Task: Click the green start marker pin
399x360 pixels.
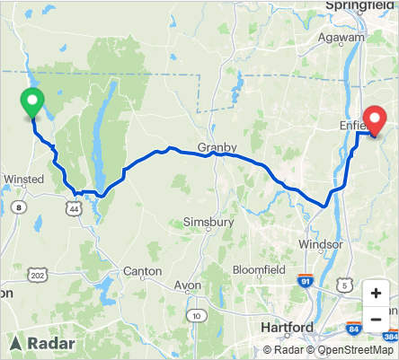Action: tap(31, 102)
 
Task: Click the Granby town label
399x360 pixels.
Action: tap(217, 147)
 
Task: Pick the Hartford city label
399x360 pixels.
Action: tap(286, 326)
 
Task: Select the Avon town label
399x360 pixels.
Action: tap(188, 285)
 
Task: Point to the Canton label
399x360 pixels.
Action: tap(142, 270)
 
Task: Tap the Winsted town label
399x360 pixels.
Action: tap(24, 180)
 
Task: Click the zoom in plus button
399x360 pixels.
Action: tap(376, 294)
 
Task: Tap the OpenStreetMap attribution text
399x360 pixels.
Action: tap(351, 350)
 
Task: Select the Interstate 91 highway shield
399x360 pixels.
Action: tap(307, 281)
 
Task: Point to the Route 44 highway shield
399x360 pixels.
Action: tap(70, 208)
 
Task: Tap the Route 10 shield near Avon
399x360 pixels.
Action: tap(196, 315)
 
